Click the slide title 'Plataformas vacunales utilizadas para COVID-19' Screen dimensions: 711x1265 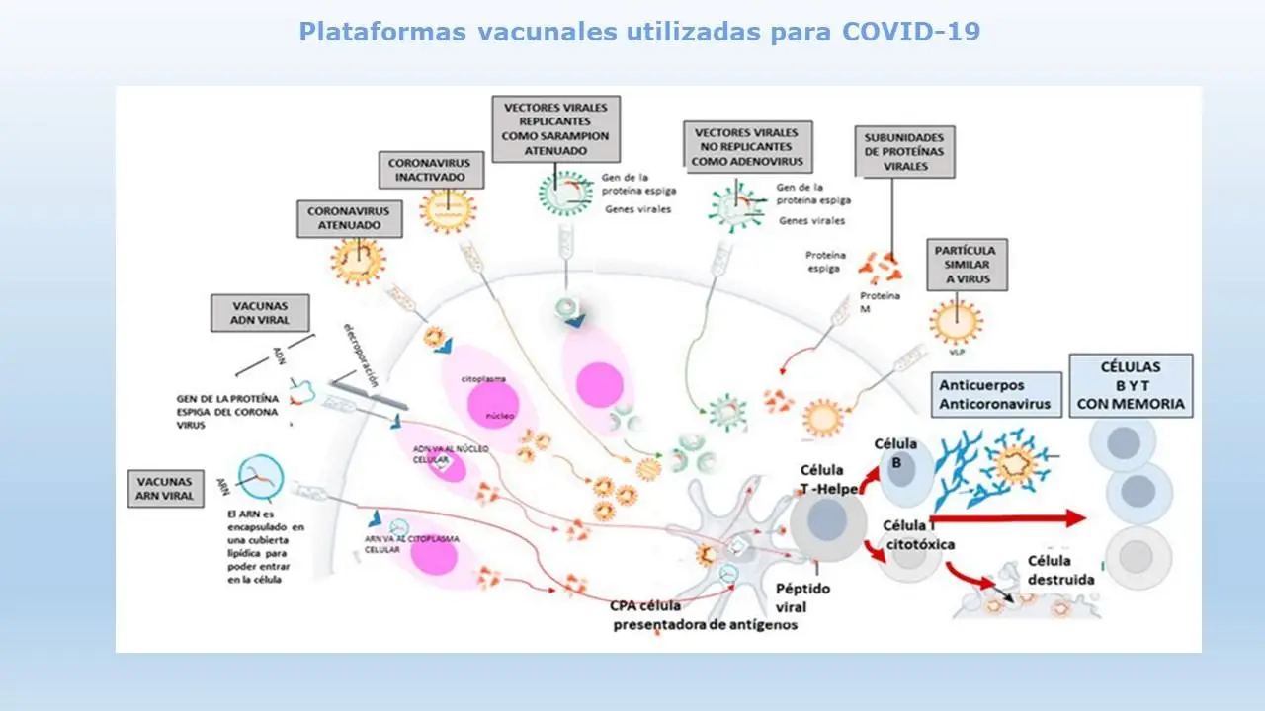pyautogui.click(x=639, y=32)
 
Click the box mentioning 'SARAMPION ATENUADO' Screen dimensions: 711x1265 pyautogui.click(x=556, y=128)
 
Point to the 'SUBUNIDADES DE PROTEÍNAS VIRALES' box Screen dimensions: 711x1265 pyautogui.click(x=903, y=153)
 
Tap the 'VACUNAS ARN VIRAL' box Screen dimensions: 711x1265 pyautogui.click(x=166, y=487)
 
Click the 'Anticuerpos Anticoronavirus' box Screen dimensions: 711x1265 pyautogui.click(x=995, y=393)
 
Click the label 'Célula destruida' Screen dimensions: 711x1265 pyautogui.click(x=1060, y=570)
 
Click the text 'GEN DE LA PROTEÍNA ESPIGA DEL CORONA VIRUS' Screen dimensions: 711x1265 pyautogui.click(x=226, y=411)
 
